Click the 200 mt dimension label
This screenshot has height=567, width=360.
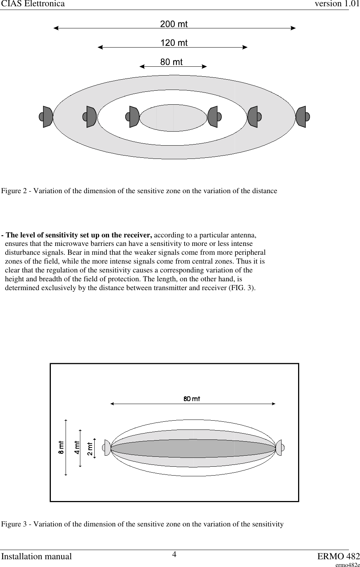tap(174, 24)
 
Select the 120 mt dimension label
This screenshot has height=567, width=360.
tap(174, 43)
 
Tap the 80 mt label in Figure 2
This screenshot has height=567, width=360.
tap(171, 62)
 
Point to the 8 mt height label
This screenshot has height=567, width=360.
tap(61, 447)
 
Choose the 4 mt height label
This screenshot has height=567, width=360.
tap(77, 447)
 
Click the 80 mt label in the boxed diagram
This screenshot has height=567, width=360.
tap(192, 399)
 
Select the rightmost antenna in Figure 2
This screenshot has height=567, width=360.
tap(302, 116)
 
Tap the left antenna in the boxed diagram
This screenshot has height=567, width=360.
tap(106, 448)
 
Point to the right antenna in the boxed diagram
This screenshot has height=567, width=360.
tap(280, 448)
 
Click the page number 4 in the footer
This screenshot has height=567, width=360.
tap(175, 555)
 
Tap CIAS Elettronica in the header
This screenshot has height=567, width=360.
tap(32, 4)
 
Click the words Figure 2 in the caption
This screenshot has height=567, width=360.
tap(16, 191)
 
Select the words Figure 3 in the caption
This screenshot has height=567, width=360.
tap(16, 524)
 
